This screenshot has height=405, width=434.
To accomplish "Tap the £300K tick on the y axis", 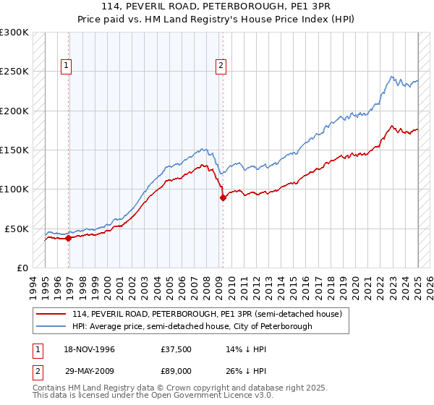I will click(14, 33).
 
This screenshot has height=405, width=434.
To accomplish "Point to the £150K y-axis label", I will click(14, 150).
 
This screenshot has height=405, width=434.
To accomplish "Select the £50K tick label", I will click(16, 229).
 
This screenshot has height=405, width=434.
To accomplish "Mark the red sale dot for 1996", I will click(69, 238).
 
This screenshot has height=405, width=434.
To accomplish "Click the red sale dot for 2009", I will click(223, 198).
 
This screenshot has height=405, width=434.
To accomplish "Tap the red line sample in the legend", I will click(50, 314).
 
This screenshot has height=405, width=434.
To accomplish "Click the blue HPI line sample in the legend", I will click(50, 326).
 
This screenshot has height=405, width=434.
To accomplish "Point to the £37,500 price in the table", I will click(177, 349).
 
